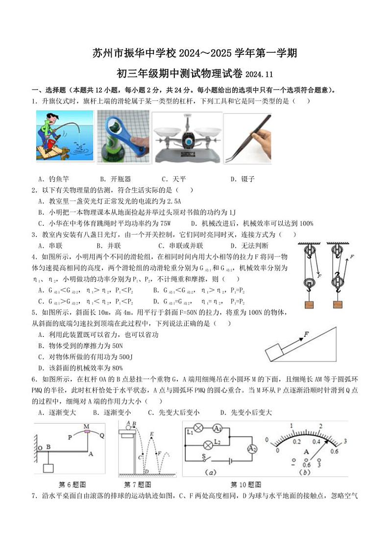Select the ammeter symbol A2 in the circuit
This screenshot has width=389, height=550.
pos(252,449)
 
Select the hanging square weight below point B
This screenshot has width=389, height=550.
pos(49,468)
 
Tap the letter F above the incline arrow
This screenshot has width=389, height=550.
pos(306,334)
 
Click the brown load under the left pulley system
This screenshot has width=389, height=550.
pos(309,304)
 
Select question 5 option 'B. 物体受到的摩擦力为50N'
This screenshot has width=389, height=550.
pos(80,346)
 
